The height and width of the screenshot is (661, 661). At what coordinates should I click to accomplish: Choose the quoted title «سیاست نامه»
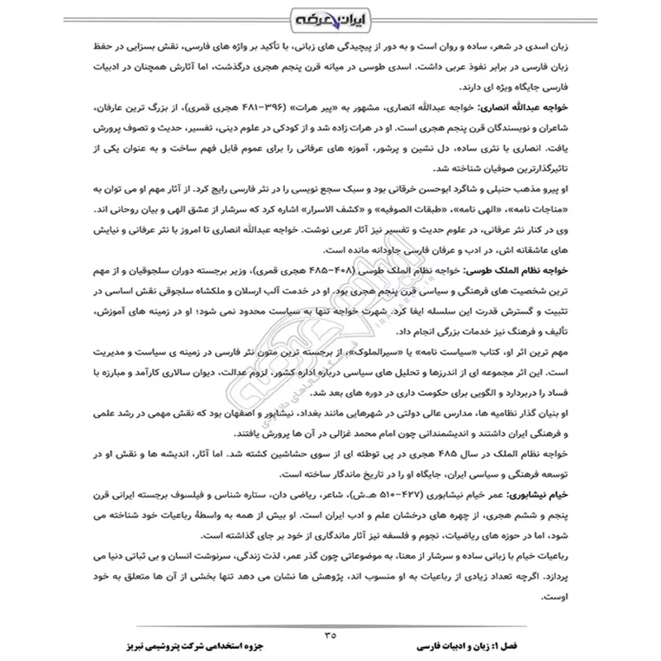(471, 351)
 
